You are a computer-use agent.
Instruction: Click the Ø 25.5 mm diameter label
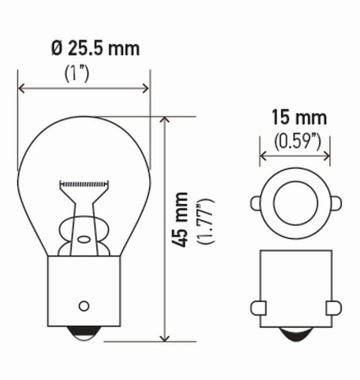pos(95,49)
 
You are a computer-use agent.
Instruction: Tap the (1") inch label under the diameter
pos(76,74)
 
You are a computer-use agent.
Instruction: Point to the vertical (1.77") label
pos(206,221)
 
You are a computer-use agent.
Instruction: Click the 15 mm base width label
pos(299,118)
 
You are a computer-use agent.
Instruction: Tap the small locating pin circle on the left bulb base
pos(84,305)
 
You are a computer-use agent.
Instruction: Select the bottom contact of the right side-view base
pos(295,334)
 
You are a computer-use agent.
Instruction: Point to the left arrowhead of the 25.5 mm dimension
pos(21,89)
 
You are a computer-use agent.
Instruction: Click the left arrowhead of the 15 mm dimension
pos(262,155)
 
